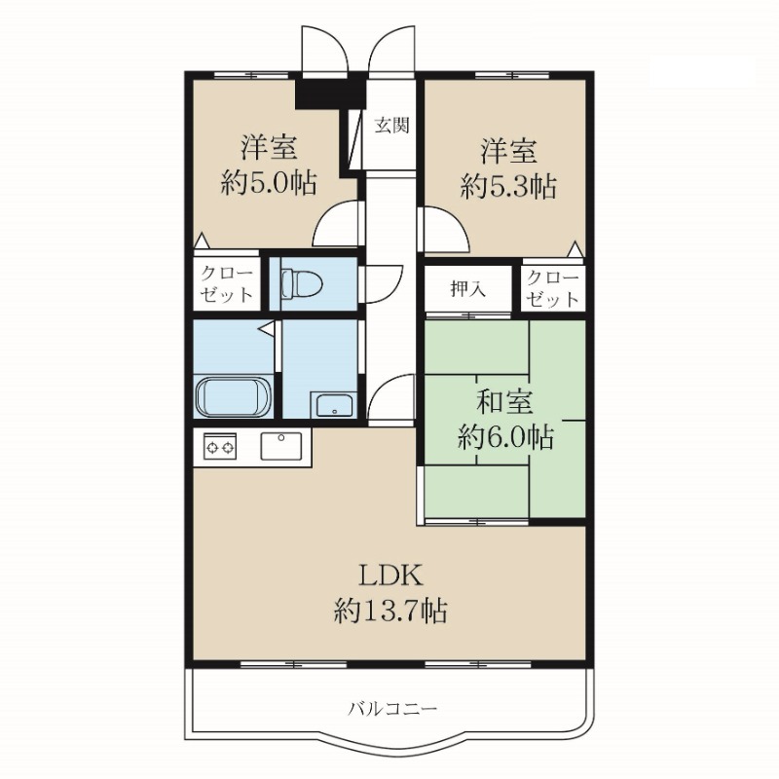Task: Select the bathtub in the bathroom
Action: point(233,398)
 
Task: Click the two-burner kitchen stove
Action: point(220,448)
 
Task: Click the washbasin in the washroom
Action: point(333,404)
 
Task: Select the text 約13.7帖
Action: point(390,611)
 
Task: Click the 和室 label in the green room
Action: point(505,401)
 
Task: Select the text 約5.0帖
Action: point(268,185)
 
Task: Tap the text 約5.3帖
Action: point(507,185)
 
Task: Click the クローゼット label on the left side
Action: point(228,286)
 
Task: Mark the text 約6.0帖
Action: point(505,438)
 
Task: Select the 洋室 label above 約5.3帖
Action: point(507,151)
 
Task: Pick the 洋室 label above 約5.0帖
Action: point(269,151)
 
